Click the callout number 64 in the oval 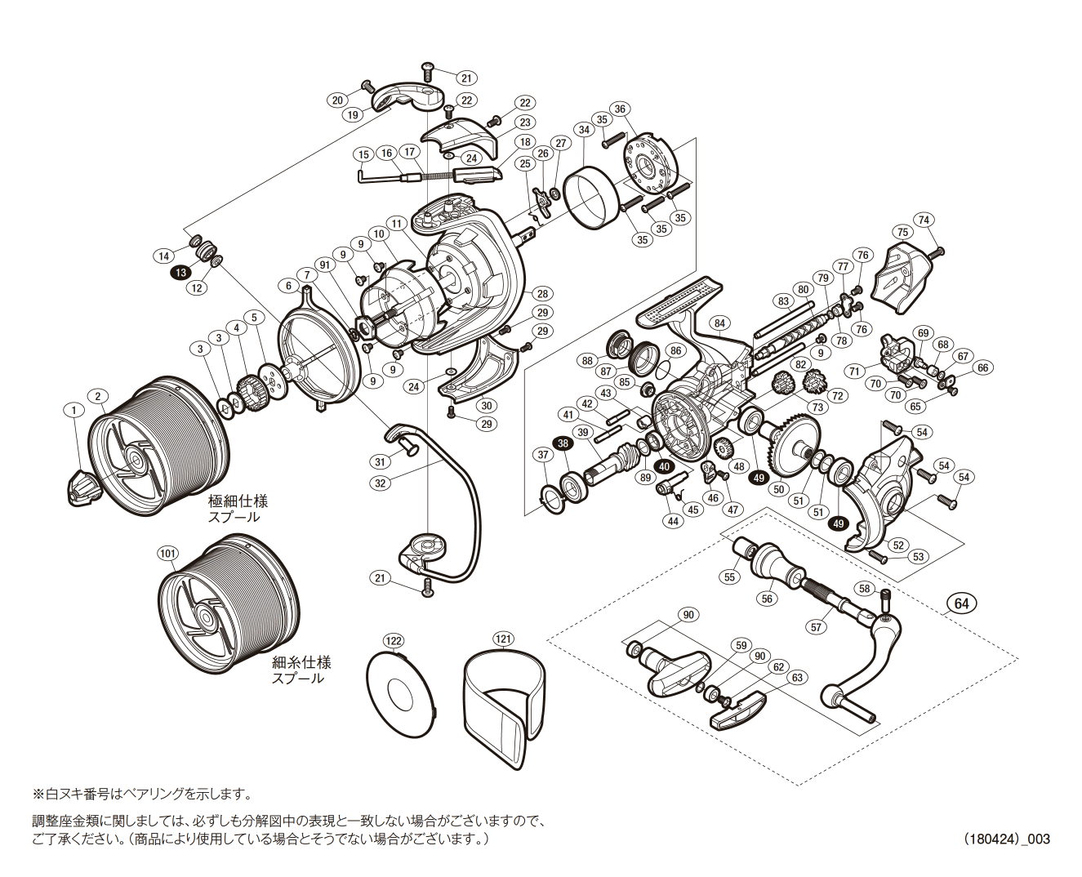pyautogui.click(x=962, y=603)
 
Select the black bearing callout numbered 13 pyautogui.click(x=180, y=273)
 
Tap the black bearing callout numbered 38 pyautogui.click(x=563, y=443)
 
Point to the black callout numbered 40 pyautogui.click(x=665, y=467)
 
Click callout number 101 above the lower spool pyautogui.click(x=167, y=554)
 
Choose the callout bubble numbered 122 pyautogui.click(x=394, y=641)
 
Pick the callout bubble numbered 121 pyautogui.click(x=503, y=639)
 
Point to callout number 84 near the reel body pyautogui.click(x=719, y=323)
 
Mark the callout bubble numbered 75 pyautogui.click(x=902, y=232)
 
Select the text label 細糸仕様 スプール pyautogui.click(x=301, y=670)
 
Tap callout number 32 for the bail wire pyautogui.click(x=380, y=483)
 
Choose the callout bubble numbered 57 pyautogui.click(x=817, y=627)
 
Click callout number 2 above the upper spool pyautogui.click(x=97, y=397)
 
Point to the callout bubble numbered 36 pyautogui.click(x=620, y=109)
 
